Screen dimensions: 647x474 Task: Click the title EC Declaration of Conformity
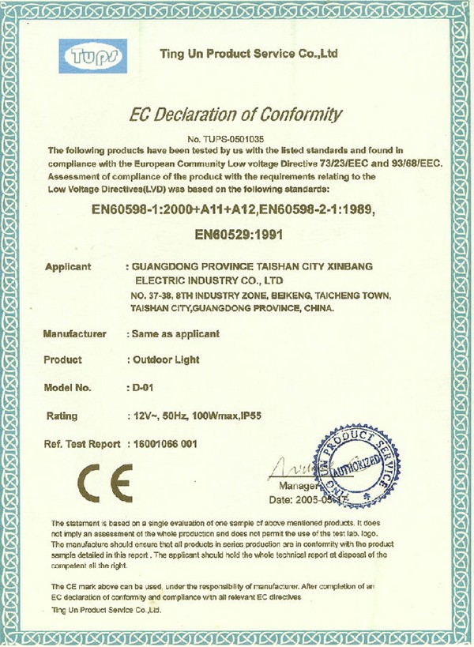tap(235, 115)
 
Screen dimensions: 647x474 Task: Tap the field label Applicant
tap(69, 267)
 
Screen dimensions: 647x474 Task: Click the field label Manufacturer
tap(75, 334)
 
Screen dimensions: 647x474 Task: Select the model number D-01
tap(139, 388)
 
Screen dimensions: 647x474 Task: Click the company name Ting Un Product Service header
tap(249, 55)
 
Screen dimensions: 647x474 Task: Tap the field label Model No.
tap(69, 388)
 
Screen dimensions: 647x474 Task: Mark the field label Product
tap(64, 359)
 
